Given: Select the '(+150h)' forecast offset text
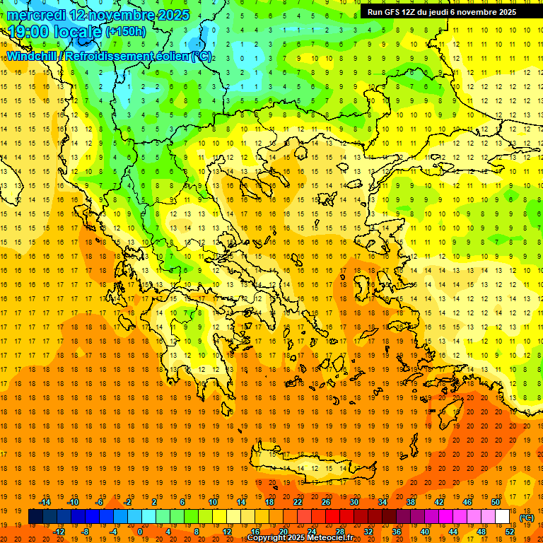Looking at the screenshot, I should coord(126,32).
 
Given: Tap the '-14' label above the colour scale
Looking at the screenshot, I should coord(46,502).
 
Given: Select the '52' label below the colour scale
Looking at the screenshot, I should coord(510,532).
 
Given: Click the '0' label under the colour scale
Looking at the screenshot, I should coord(140,532).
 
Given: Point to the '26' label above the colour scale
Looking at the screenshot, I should coord(326,502).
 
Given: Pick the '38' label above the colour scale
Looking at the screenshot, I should coord(410,502).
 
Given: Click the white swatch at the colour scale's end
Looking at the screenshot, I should coord(503,517).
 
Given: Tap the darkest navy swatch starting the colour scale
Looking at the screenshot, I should coord(35,517).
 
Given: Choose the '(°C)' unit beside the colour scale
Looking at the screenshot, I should coord(526,518).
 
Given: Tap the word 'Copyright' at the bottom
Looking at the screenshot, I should coord(268,538).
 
